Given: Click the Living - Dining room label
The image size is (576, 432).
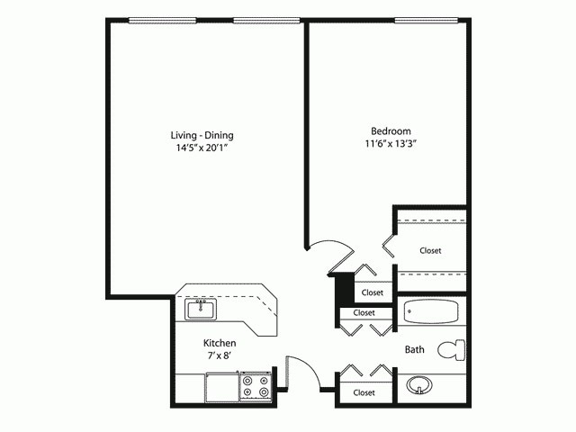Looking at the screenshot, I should pos(208,135).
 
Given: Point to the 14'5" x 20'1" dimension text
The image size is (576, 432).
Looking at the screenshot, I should pos(208,148).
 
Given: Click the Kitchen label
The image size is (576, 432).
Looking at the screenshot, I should pos(220,343).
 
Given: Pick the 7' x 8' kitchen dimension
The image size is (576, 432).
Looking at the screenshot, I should pos(220,357).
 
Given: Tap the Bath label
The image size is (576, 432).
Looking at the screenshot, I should pos(415,349).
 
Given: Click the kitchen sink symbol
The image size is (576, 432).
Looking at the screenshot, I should pos(200,310).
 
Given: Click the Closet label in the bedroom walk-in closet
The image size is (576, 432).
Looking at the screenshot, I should pos(430,250).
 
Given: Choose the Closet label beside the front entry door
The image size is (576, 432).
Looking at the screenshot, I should pos(364,392).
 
